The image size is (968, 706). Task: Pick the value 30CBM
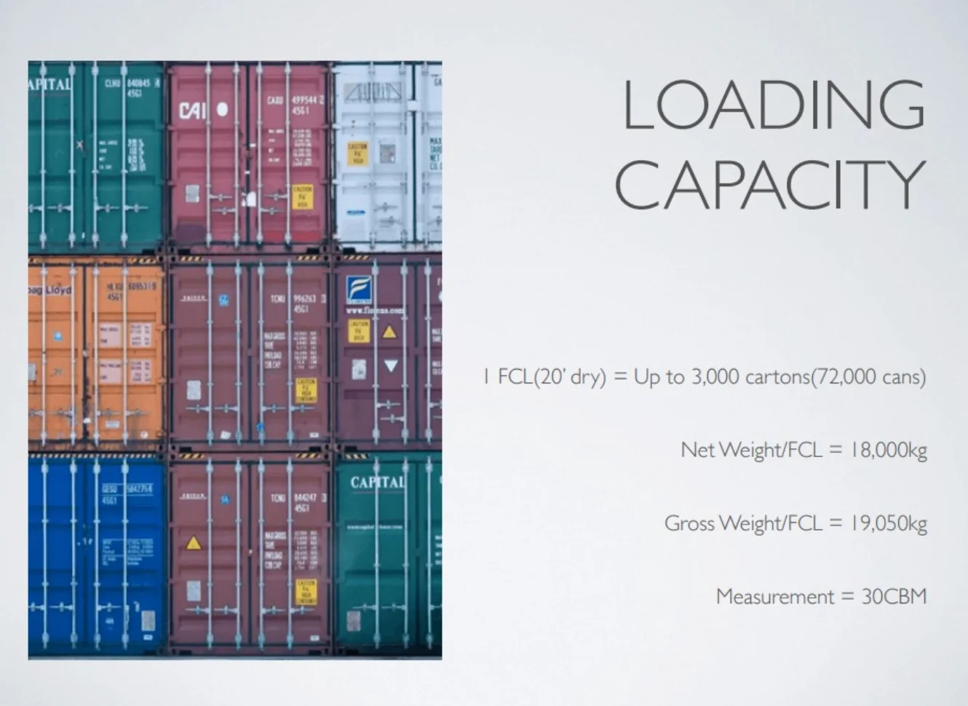pos(894,597)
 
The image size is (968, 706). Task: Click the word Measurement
pos(775,597)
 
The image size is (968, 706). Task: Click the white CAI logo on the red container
pos(193,110)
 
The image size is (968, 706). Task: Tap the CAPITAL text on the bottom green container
pos(377,483)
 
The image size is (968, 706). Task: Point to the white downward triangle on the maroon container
pos(391,365)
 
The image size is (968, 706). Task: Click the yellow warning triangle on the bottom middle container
pos(193,543)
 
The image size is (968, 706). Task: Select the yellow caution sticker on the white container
pos(357,153)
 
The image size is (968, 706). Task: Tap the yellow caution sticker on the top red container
pos(302,197)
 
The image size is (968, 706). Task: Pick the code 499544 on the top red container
pos(304,99)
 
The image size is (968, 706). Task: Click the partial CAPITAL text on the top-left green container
pos(50,84)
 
